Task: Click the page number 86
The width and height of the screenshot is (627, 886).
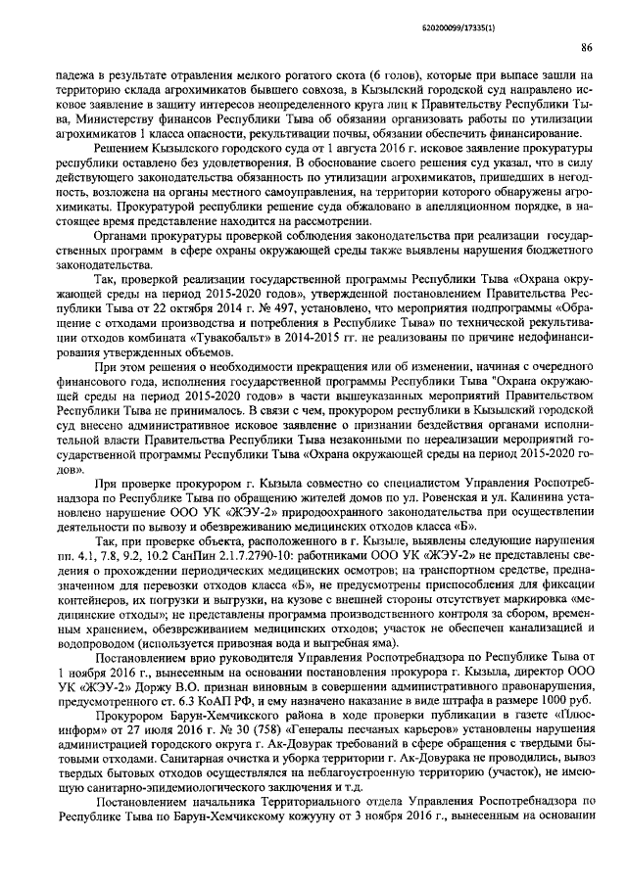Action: pyautogui.click(x=584, y=46)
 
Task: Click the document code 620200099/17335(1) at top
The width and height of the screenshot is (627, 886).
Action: pyautogui.click(x=546, y=13)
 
